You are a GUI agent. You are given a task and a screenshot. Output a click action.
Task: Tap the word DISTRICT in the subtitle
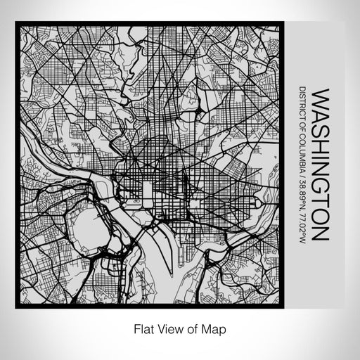click(x=302, y=105)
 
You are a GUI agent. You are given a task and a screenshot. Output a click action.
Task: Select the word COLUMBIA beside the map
click(x=302, y=156)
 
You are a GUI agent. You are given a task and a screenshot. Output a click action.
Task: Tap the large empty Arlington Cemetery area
click(x=88, y=229)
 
